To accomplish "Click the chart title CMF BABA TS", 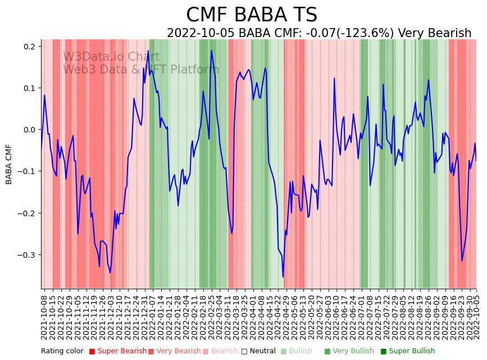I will click(x=251, y=15).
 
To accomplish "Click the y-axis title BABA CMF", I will click(x=9, y=164).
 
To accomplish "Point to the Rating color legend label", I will click(x=62, y=351).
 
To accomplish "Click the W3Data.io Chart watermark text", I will click(x=111, y=57).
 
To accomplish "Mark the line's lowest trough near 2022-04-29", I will click(x=283, y=277).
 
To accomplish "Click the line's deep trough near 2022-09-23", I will click(x=462, y=261).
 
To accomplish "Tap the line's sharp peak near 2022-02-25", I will click(x=211, y=51).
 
